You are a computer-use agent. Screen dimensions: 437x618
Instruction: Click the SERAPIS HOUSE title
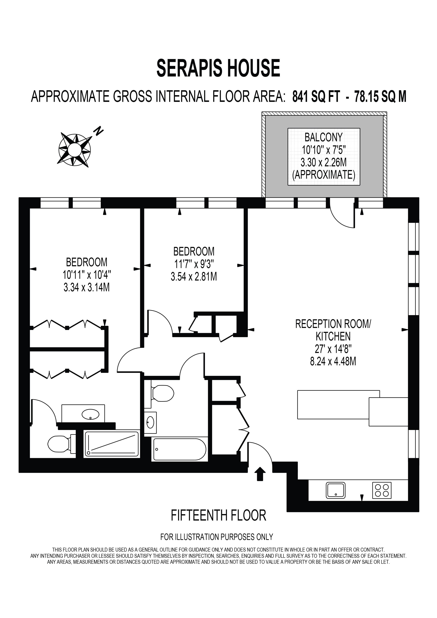(x=218, y=68)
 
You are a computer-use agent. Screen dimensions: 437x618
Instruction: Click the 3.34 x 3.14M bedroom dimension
(x=87, y=287)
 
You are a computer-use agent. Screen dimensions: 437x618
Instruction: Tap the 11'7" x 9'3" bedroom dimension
(x=194, y=264)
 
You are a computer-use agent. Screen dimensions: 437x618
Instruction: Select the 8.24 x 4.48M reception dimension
(x=333, y=361)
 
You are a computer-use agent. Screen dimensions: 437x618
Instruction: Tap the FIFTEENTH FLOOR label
(x=218, y=515)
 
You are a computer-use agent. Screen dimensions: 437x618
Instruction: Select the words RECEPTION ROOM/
(x=333, y=324)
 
